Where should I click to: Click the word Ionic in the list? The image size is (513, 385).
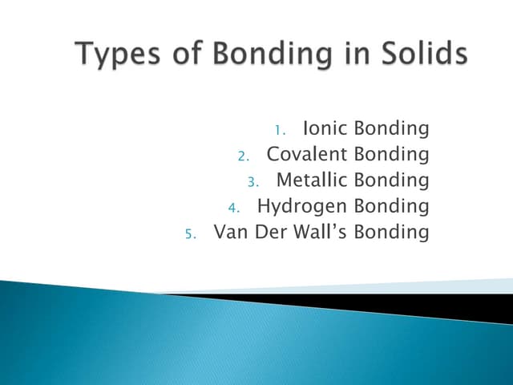325,129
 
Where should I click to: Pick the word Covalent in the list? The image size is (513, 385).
306,155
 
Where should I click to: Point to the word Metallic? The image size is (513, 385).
311,180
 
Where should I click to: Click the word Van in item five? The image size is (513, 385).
230,233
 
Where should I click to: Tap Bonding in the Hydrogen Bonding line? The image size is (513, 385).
391,207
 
